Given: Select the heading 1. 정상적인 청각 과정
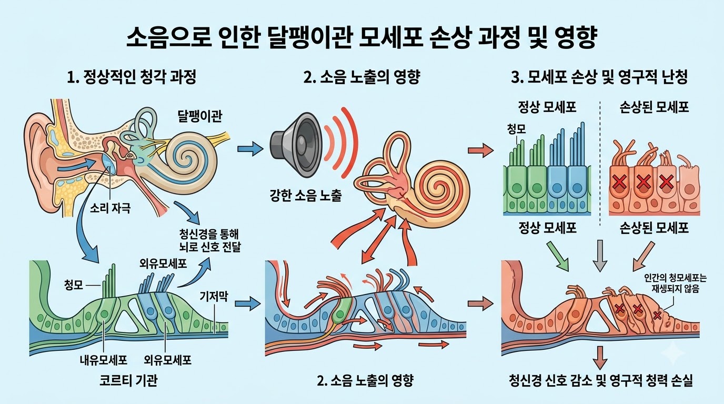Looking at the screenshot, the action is point(132,77).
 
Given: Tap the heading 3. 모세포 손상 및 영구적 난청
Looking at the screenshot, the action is point(599,77).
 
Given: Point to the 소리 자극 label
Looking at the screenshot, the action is point(110,208).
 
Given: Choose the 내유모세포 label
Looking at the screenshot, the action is point(104,360).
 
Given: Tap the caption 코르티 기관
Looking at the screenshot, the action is point(128,381).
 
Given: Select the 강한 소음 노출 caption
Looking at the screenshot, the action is point(305,196).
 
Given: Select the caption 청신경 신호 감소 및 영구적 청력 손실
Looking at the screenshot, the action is point(600,381).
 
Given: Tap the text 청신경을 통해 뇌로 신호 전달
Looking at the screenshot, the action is point(210,240).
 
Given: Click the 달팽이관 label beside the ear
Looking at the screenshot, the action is point(200,116).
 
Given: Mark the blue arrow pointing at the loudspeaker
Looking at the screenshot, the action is point(250,149).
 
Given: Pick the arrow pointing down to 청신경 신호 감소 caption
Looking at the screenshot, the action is point(600,358).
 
